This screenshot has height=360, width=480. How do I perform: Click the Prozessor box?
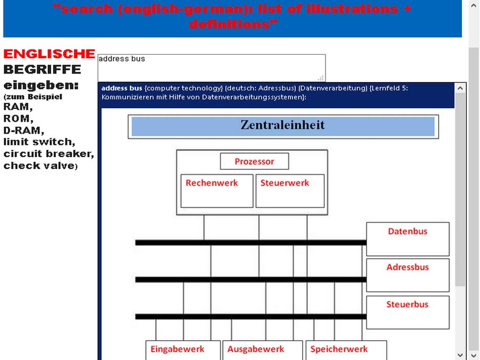pyautogui.click(x=254, y=161)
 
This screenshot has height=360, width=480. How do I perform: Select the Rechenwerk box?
pyautogui.click(x=217, y=190)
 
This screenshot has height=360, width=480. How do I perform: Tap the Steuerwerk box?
pyautogui.click(x=290, y=190)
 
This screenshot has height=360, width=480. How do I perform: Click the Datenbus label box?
pyautogui.click(x=407, y=239)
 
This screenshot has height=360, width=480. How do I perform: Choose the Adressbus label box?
pyautogui.click(x=407, y=275)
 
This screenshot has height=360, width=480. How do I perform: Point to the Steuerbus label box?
pyautogui.click(x=407, y=312)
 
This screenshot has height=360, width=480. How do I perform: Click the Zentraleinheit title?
pyautogui.click(x=283, y=126)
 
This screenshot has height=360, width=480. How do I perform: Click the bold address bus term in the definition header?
pyautogui.click(x=122, y=88)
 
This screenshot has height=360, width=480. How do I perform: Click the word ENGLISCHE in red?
pyautogui.click(x=49, y=54)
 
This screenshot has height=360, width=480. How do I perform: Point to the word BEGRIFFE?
pyautogui.click(x=42, y=69)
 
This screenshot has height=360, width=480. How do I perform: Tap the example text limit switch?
pyautogui.click(x=39, y=142)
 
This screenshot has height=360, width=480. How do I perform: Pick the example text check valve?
pyautogui.click(x=38, y=165)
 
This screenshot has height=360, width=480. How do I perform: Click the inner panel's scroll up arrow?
pyautogui.click(x=461, y=88)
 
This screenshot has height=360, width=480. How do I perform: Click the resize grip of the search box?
pyautogui.click(x=321, y=78)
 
